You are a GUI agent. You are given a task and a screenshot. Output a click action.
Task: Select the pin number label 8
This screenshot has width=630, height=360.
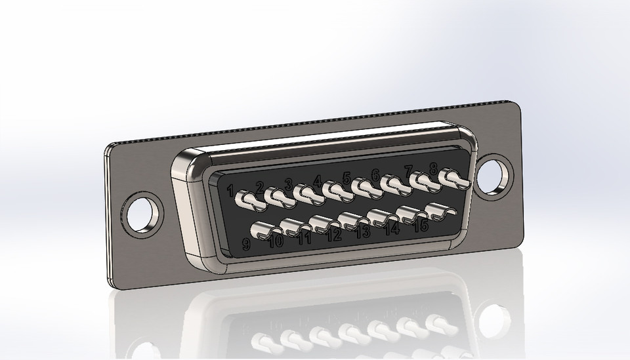tap(433, 168)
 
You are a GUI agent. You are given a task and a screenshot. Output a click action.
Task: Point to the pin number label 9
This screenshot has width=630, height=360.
tap(246, 245)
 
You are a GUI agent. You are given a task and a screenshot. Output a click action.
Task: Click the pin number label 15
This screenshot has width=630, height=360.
tap(421, 225)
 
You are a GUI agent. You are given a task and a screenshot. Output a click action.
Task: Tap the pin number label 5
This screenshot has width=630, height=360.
tap(346, 177)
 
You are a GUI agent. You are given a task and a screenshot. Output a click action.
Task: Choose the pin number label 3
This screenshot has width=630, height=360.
tap(288, 184)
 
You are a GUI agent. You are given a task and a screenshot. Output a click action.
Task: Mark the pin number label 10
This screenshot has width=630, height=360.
tap(276, 241)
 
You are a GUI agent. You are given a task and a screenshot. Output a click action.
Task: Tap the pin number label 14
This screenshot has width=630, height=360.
tap(392, 228)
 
